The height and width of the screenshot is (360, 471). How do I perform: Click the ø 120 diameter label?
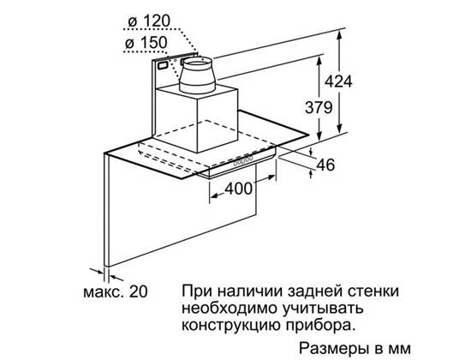[x=149, y=21]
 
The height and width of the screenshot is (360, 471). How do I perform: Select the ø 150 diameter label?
[x=146, y=43]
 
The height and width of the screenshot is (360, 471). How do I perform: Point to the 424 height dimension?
[x=338, y=81]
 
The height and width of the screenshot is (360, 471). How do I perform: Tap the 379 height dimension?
[x=319, y=107]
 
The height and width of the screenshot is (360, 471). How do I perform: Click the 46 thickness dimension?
[x=325, y=165]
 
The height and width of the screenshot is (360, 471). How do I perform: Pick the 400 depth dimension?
[x=239, y=189]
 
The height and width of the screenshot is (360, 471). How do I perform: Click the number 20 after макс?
[x=138, y=291]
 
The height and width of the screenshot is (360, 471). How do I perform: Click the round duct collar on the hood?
[x=195, y=75]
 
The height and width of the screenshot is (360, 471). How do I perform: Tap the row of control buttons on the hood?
[x=243, y=160]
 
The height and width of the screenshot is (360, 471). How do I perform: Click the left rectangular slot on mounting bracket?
[x=163, y=64]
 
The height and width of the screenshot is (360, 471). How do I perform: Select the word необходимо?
[x=231, y=309]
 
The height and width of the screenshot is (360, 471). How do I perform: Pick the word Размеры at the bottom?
[x=334, y=349]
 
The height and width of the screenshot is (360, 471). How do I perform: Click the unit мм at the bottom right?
[x=399, y=350]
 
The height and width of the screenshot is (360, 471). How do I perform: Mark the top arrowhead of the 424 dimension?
[x=339, y=34]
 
